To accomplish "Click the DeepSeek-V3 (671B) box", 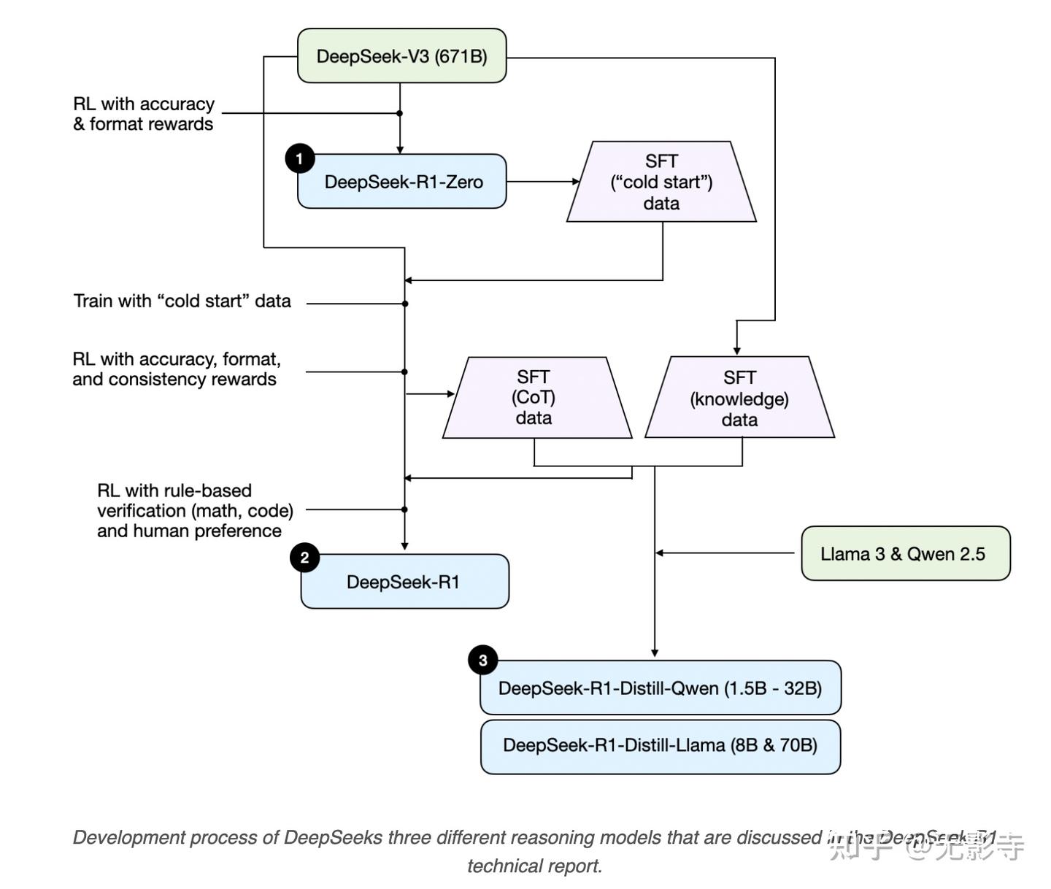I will (401, 56).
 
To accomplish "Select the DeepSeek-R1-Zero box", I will (403, 182).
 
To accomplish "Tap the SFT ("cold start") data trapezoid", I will (661, 182).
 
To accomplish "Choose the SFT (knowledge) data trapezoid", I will (739, 398).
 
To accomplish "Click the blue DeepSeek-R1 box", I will (404, 582).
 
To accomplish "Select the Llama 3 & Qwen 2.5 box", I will (905, 554).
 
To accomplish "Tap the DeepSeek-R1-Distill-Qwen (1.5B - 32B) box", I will (660, 688).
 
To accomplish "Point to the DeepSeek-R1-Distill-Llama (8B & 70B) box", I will (660, 746).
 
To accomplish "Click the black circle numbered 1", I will (299, 158).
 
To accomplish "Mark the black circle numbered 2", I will (304, 558).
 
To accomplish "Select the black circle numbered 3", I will (482, 661).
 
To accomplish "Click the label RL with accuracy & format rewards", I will (144, 114).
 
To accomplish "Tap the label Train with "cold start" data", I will (182, 301).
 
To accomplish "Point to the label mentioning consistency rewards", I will (175, 369).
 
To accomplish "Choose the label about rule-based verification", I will (194, 511).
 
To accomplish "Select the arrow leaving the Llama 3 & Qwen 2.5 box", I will (726, 553).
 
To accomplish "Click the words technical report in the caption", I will (534, 866).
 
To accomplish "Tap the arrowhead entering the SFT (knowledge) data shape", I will (737, 350).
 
